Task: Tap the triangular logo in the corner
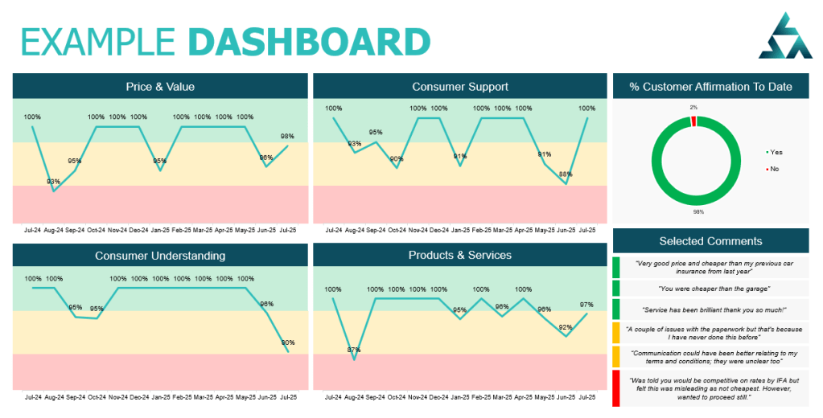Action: (786, 37)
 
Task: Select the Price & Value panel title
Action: (160, 87)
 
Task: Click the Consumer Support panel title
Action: (459, 87)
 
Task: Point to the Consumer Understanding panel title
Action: (160, 256)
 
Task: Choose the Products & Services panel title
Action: (459, 255)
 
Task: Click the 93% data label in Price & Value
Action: (54, 182)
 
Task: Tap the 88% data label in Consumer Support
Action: (566, 174)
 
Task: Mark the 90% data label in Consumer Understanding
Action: (288, 342)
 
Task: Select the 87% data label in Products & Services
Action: (353, 350)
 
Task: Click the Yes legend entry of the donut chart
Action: (774, 152)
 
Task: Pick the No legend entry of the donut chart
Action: (773, 169)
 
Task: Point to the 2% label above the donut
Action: (693, 107)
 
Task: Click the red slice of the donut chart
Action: (693, 121)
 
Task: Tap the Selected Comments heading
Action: (710, 241)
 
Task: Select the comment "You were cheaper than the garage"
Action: (710, 289)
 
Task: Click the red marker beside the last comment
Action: (616, 387)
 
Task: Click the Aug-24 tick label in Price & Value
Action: (54, 229)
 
